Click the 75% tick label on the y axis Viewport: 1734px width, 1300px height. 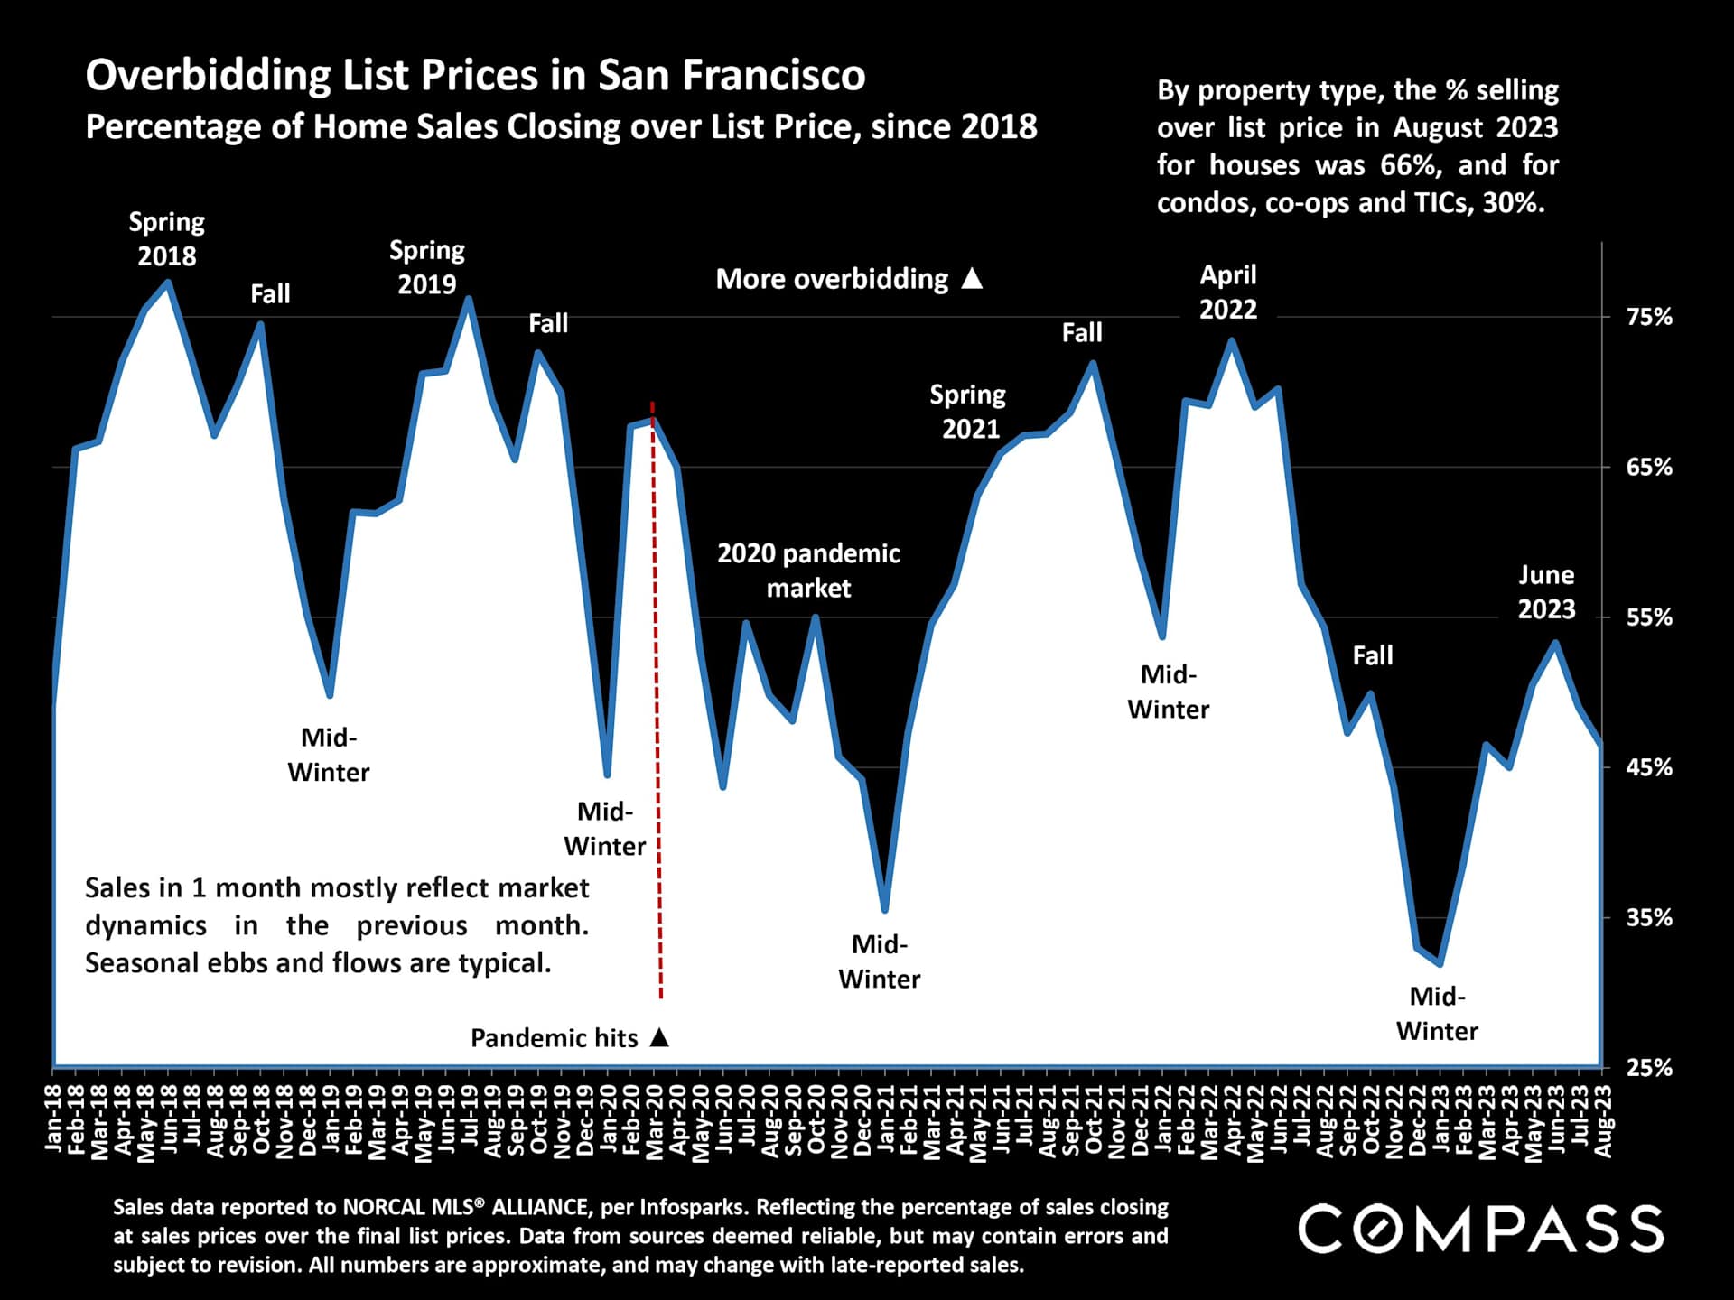[x=1649, y=317]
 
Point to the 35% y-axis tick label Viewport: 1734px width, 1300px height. [x=1649, y=918]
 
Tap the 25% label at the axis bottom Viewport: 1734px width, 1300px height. [x=1649, y=1068]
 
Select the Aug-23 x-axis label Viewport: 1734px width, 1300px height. [x=1603, y=1120]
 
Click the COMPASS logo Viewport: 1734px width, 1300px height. [x=1480, y=1230]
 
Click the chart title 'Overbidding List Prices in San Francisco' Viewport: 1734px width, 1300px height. [x=475, y=75]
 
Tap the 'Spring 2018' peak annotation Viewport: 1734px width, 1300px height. [x=166, y=239]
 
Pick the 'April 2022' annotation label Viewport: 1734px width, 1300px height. [x=1228, y=292]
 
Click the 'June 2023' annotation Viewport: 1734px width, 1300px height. [x=1546, y=592]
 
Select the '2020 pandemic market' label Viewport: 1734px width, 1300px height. [x=808, y=571]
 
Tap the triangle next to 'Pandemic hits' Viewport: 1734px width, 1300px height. [x=660, y=1037]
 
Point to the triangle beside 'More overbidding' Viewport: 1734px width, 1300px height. [x=972, y=278]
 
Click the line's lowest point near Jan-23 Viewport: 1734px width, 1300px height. [x=1440, y=964]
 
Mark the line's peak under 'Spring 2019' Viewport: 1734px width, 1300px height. [x=468, y=299]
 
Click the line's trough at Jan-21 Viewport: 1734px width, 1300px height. [x=884, y=909]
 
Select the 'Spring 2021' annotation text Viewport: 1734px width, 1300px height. [x=968, y=412]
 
